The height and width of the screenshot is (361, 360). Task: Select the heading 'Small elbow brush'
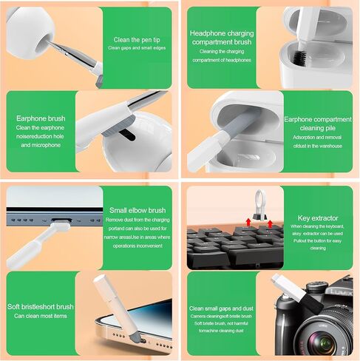tap(137, 210)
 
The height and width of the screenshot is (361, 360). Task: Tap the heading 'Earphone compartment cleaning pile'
tap(319, 123)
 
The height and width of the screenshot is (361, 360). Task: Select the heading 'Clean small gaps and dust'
tap(222, 308)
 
